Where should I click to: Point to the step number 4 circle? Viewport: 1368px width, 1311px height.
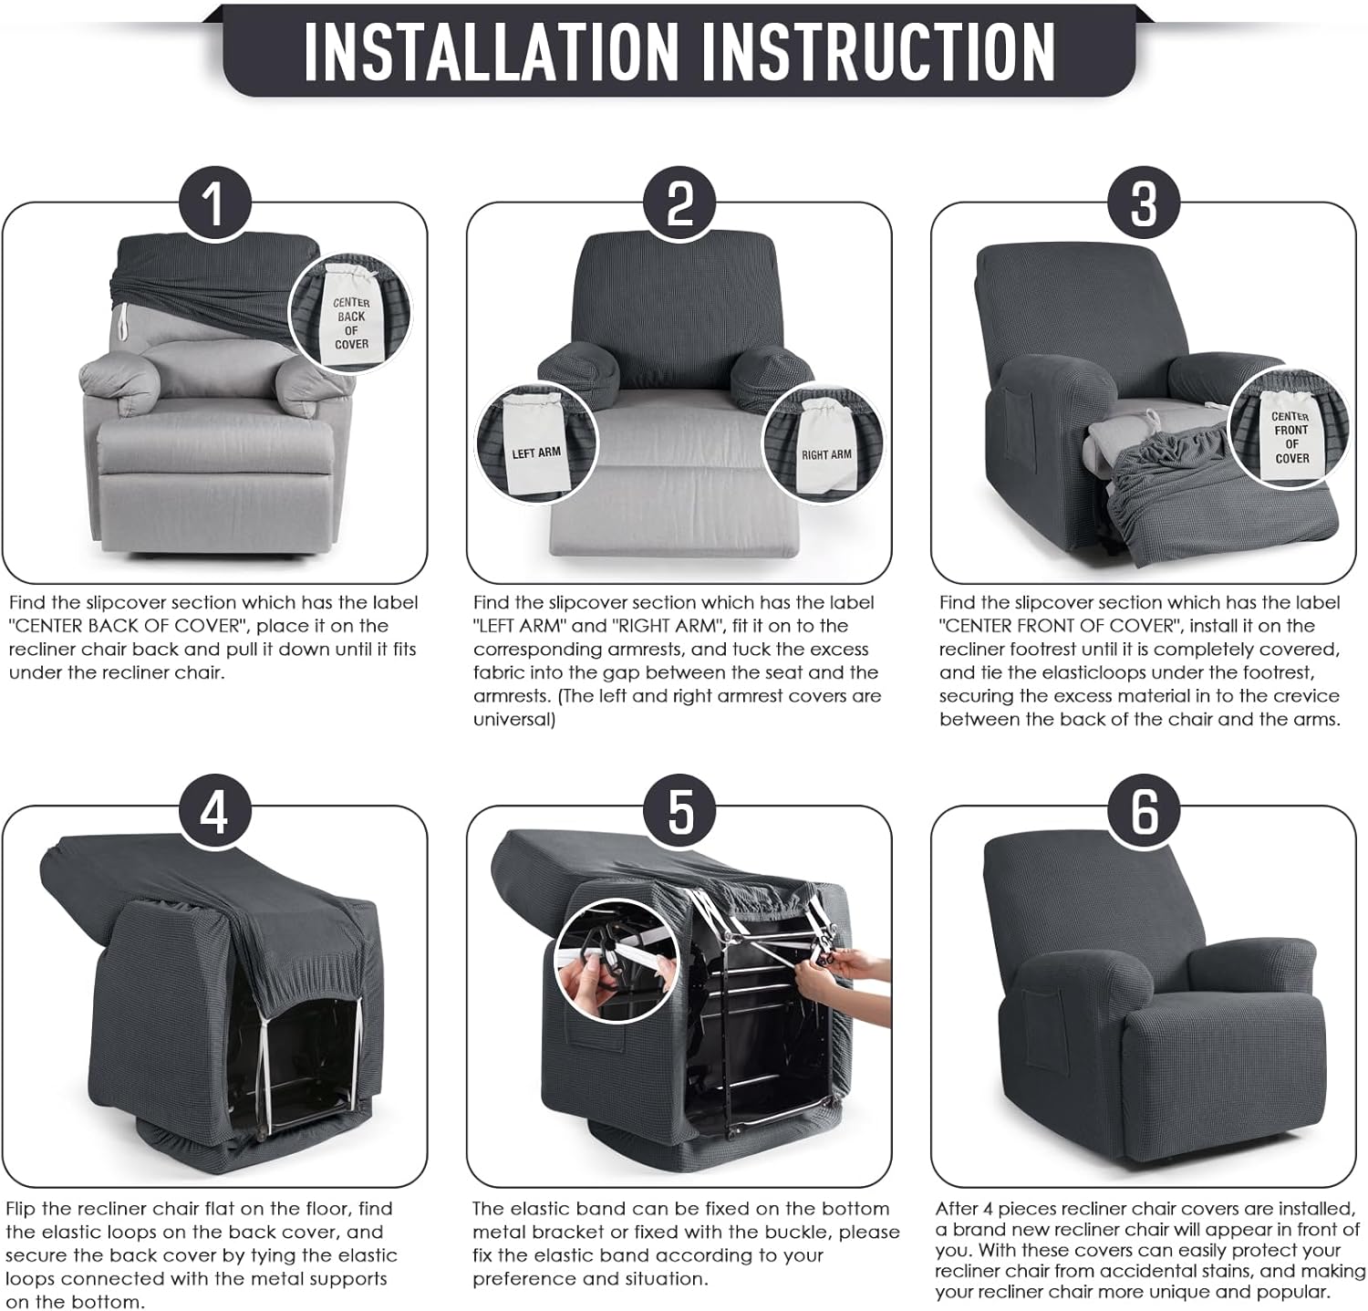pyautogui.click(x=214, y=811)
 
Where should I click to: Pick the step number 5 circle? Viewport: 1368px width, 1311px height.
pyautogui.click(x=680, y=811)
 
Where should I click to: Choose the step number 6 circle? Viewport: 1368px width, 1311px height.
pyautogui.click(x=1145, y=811)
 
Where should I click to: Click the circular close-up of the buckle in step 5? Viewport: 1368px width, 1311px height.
pyautogui.click(x=608, y=964)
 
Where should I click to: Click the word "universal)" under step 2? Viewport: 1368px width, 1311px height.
pyautogui.click(x=513, y=719)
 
